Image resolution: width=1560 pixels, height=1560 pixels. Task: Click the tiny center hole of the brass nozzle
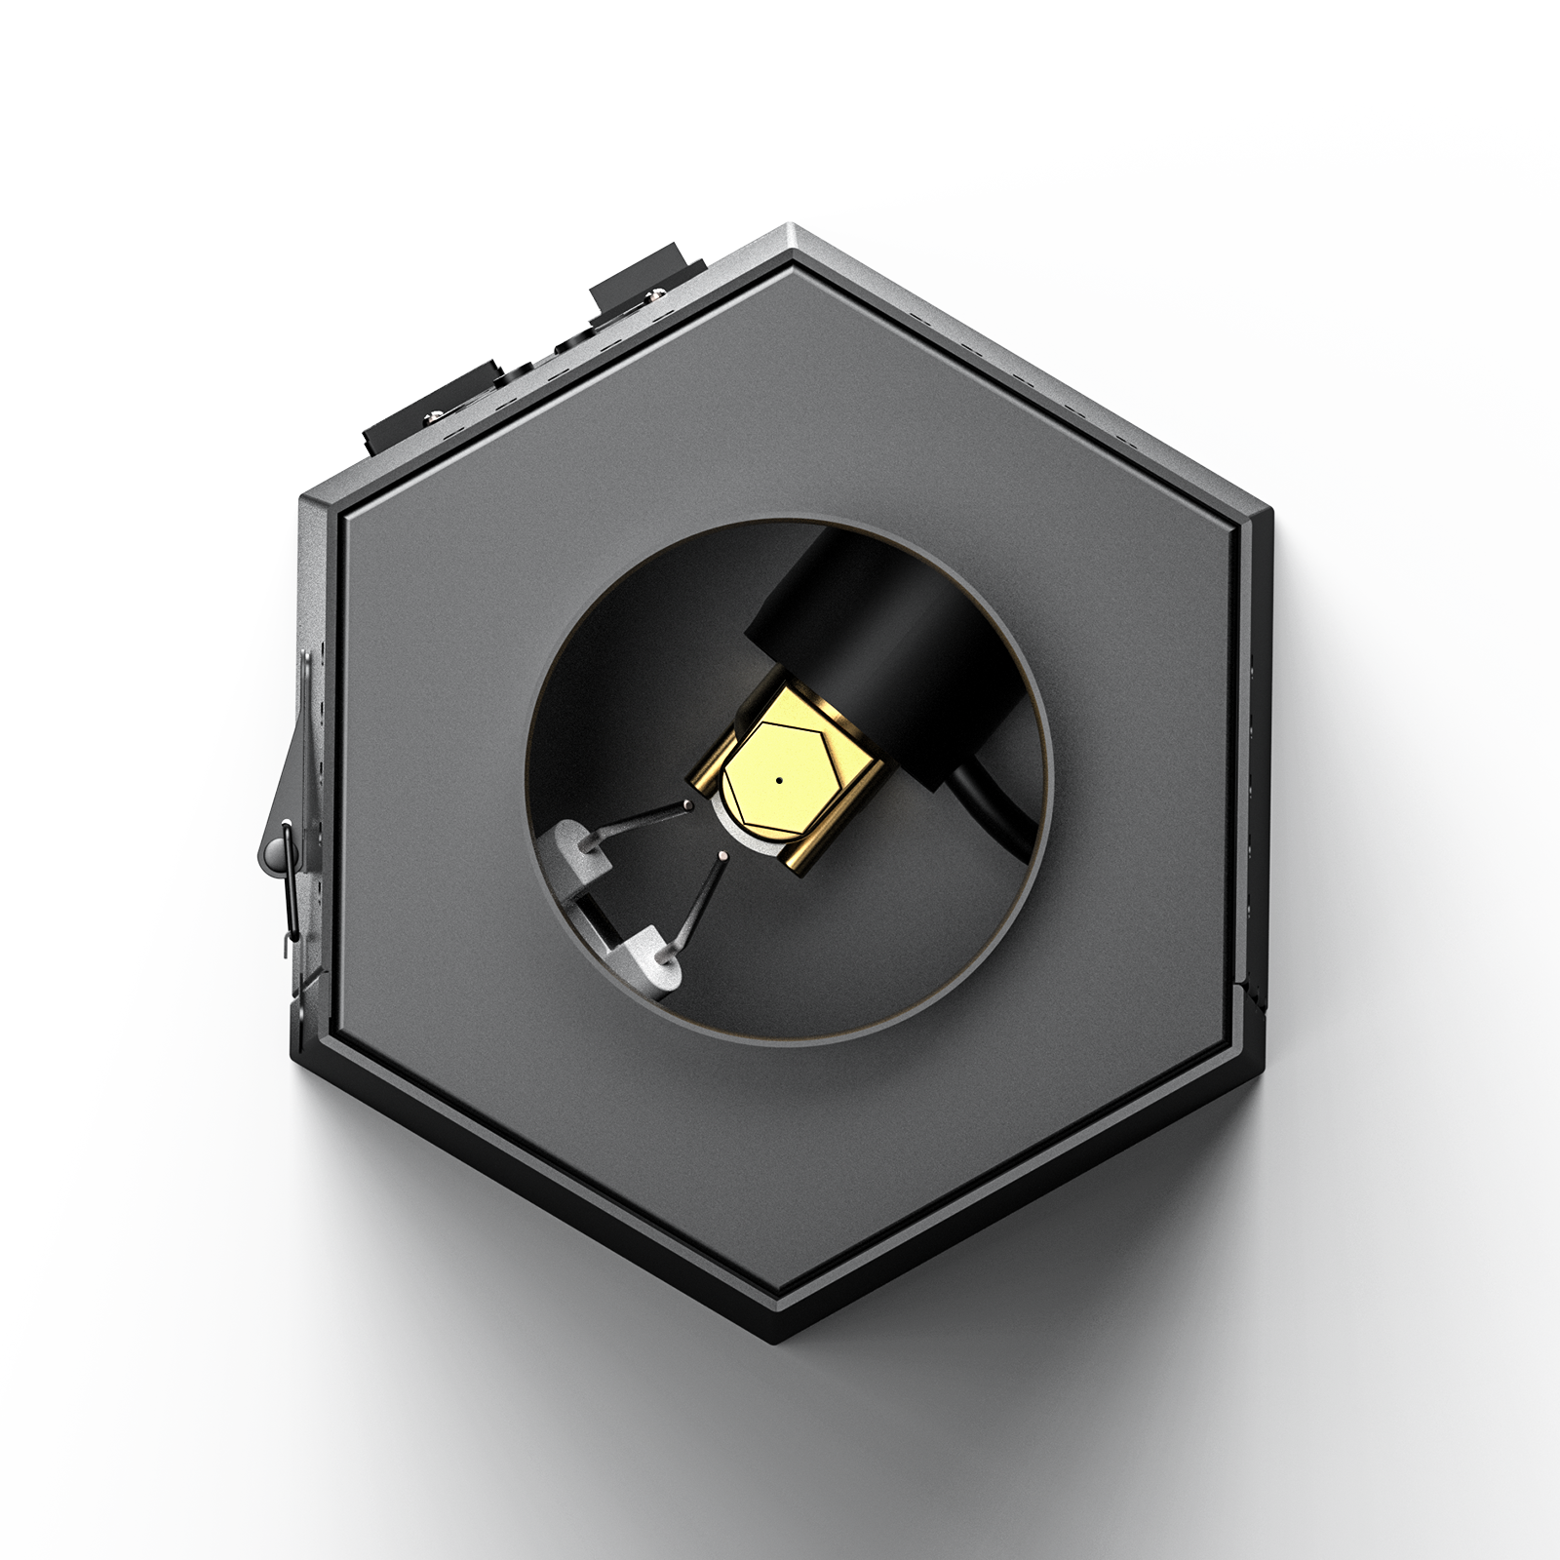779,780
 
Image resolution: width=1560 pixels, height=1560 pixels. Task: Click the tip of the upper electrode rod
690,805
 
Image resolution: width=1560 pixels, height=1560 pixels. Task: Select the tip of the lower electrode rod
721,856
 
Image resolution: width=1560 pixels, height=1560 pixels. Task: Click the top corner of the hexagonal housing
792,230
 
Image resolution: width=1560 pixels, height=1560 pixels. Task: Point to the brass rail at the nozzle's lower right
807,858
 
